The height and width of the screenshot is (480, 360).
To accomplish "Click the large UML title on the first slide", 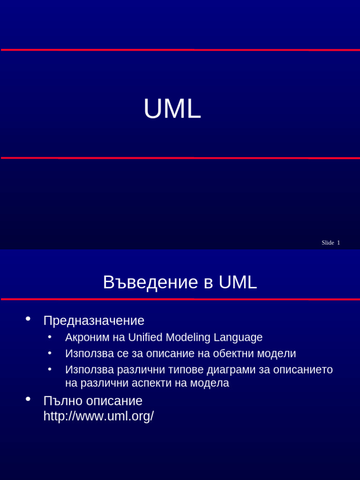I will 172,109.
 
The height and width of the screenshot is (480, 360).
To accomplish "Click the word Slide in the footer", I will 328,243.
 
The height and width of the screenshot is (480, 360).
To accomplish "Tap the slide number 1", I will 338,243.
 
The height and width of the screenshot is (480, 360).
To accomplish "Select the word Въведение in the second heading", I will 150,283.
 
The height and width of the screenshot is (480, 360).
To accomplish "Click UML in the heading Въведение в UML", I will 238,283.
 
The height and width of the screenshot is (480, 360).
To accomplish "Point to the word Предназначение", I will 94,321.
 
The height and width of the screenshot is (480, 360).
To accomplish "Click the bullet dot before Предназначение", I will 28,319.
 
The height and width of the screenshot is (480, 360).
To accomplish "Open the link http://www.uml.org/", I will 98,416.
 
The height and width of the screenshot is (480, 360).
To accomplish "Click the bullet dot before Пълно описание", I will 28,399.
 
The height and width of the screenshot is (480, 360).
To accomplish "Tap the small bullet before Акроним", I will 50,337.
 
